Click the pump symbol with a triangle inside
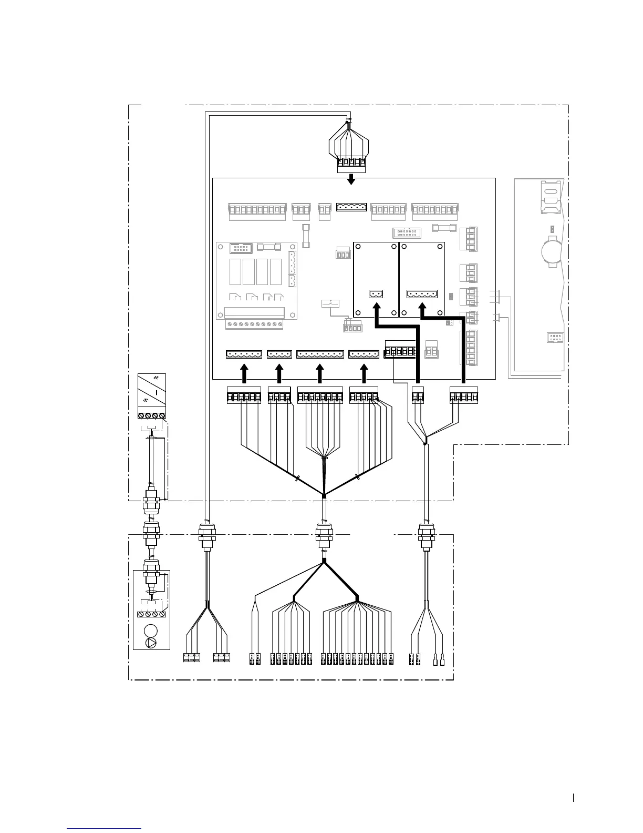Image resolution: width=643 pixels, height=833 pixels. pyautogui.click(x=151, y=642)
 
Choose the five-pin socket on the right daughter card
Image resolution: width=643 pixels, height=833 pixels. pyautogui.click(x=422, y=295)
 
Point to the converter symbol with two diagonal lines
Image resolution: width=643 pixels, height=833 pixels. pyautogui.click(x=151, y=392)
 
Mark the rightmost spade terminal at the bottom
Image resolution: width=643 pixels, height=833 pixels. pyautogui.click(x=443, y=659)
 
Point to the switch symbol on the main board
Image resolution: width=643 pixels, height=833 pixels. pyautogui.click(x=330, y=303)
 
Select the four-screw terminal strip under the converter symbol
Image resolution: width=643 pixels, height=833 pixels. pyautogui.click(x=151, y=416)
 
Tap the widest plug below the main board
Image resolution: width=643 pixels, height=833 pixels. pyautogui.click(x=320, y=395)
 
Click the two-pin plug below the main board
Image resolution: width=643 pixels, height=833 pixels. pyautogui.click(x=418, y=395)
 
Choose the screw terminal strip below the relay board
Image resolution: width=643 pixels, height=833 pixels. pyautogui.click(x=254, y=324)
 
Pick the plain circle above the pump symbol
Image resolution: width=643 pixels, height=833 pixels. pyautogui.click(x=151, y=630)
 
